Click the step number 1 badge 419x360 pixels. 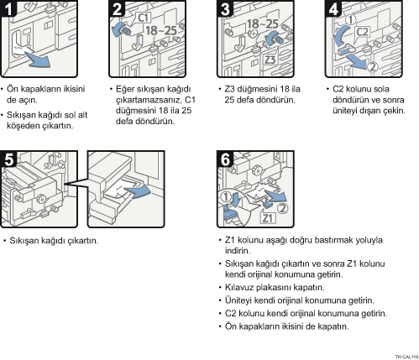8,8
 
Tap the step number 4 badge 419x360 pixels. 333,8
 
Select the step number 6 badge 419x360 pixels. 225,159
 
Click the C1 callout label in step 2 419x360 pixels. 144,18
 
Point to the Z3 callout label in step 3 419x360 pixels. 270,60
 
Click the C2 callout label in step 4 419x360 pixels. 362,32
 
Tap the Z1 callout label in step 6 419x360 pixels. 268,217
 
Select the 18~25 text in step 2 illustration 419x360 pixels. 161,30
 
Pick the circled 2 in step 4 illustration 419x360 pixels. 373,67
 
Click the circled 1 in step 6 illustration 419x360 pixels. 226,196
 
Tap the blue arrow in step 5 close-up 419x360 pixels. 139,191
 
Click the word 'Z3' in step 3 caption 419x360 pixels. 229,89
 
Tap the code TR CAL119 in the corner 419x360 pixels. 406,357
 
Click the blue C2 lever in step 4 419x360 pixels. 346,50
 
